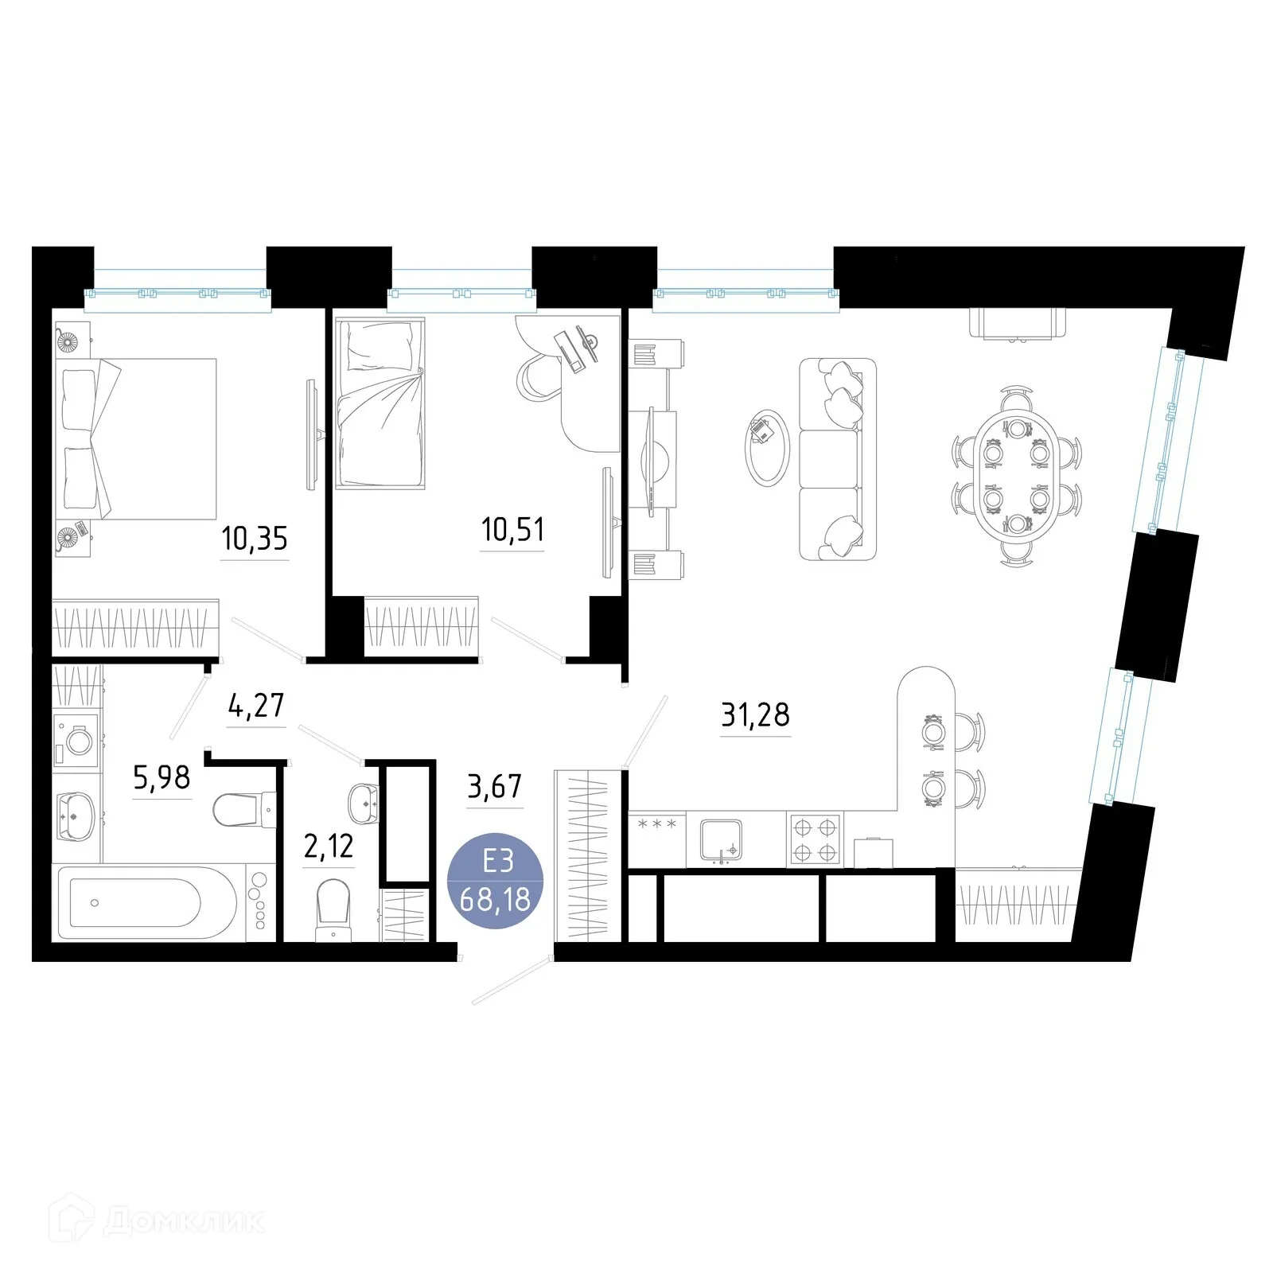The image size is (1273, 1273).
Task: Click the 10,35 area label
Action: (254, 539)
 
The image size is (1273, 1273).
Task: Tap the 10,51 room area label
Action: (513, 529)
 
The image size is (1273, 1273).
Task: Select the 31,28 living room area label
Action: (755, 714)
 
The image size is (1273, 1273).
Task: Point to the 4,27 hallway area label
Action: (255, 705)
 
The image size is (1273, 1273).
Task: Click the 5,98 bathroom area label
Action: (162, 778)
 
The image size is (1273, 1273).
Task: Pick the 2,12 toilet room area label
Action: (329, 846)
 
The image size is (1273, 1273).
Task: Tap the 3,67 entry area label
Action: (494, 787)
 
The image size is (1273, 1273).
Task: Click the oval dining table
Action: (1016, 475)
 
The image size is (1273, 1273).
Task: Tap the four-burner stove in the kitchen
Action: (815, 839)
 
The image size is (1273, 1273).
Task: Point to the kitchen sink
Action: (721, 840)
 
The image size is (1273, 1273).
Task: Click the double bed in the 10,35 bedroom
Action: (135, 438)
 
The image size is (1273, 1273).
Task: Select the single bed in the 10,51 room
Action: (380, 403)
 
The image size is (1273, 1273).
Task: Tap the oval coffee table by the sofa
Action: (766, 447)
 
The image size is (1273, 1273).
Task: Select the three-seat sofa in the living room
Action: (835, 459)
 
